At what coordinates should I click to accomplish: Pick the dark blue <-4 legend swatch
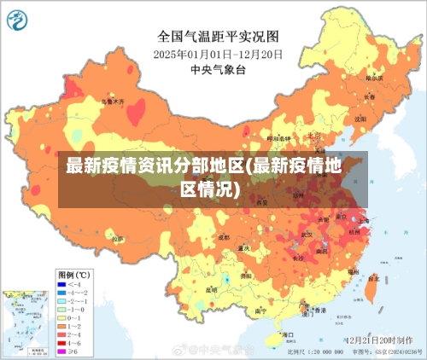(x=62, y=285)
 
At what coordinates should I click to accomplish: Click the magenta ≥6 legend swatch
(x=62, y=351)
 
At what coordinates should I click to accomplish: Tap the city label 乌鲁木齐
(x=112, y=101)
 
